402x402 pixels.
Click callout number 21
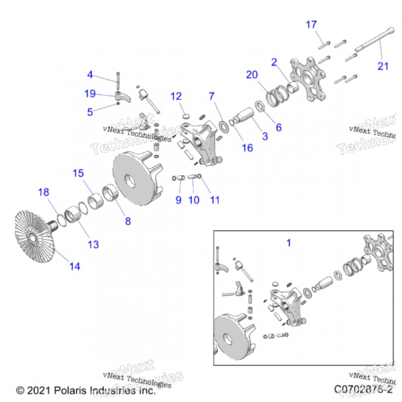383,66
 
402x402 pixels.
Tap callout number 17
311,25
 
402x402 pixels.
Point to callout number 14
74,266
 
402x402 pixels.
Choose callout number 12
187,96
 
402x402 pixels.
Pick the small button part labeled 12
186,116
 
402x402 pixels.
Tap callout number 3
265,136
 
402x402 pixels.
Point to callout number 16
248,148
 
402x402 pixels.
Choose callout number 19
90,94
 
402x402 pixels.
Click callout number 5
90,112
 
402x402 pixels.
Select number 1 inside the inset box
288,243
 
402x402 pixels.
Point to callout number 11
215,199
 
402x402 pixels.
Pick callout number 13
93,244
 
